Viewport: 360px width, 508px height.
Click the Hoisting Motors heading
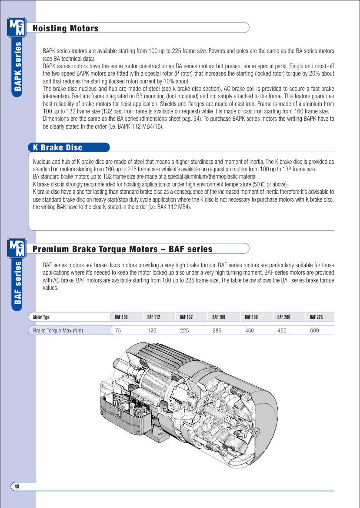pyautogui.click(x=66, y=29)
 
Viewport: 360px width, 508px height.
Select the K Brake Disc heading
pyautogui.click(x=57, y=148)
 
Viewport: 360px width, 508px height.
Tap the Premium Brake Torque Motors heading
pyautogui.click(x=123, y=249)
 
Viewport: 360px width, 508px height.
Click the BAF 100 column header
pyautogui.click(x=121, y=317)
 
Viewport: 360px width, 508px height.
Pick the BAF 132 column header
pyautogui.click(x=186, y=317)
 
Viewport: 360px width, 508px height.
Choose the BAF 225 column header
pyautogui.click(x=316, y=317)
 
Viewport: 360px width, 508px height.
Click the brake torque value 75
pyautogui.click(x=118, y=331)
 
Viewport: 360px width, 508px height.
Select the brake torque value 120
pyautogui.click(x=152, y=331)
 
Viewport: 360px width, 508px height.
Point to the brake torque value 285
pyautogui.click(x=217, y=331)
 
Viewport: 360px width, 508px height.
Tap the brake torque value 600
pyautogui.click(x=314, y=331)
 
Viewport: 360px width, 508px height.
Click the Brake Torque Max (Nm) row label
pyautogui.click(x=58, y=331)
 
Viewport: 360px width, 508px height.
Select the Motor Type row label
pyautogui.click(x=41, y=317)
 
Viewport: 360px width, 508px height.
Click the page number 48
pyautogui.click(x=17, y=487)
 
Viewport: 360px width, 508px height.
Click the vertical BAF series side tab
pyautogui.click(x=18, y=282)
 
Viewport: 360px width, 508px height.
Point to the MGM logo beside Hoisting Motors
pyautogui.click(x=17, y=27)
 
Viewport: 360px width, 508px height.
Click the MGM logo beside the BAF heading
pyautogui.click(x=17, y=248)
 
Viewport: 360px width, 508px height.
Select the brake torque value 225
pyautogui.click(x=184, y=331)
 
